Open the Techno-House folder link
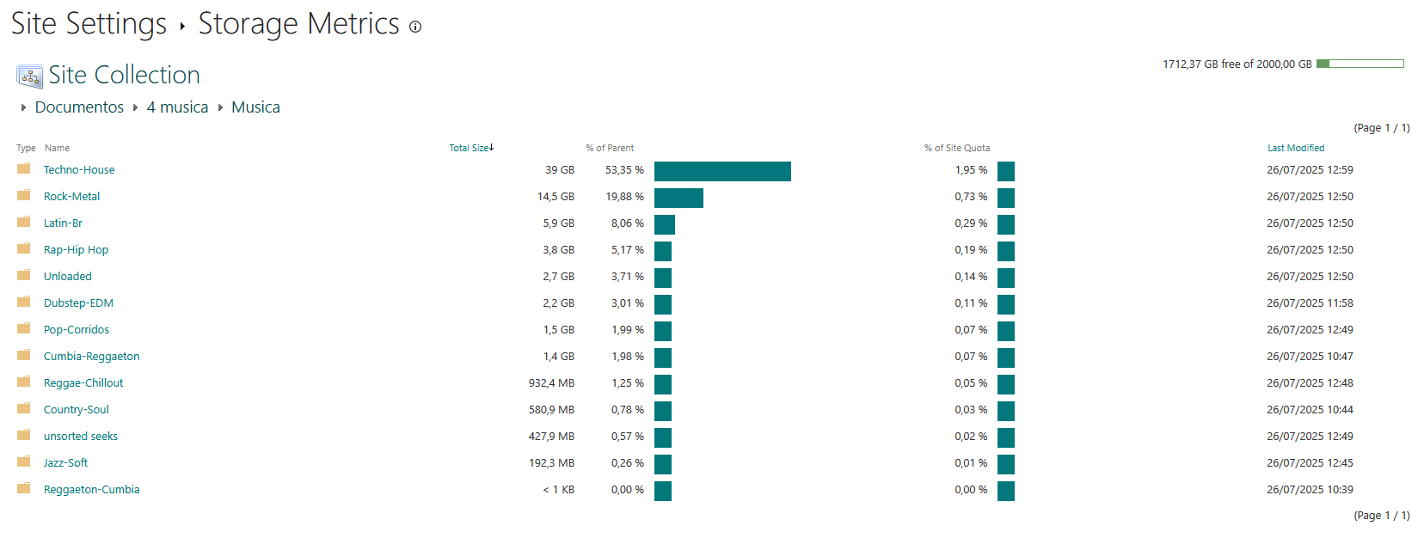tap(79, 169)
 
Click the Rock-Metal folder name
tap(71, 196)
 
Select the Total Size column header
tap(469, 148)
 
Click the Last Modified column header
tap(1296, 148)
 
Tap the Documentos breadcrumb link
tap(79, 107)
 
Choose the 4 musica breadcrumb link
tap(177, 107)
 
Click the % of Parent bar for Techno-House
tap(722, 172)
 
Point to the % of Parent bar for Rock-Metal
tap(678, 199)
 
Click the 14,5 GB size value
tap(556, 196)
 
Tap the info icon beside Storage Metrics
tap(415, 27)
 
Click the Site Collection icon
tap(29, 76)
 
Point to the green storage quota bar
tap(1360, 64)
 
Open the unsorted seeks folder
tap(80, 436)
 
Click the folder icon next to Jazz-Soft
tap(24, 462)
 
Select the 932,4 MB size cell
tap(551, 383)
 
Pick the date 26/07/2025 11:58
tap(1310, 303)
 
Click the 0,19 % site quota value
tap(971, 249)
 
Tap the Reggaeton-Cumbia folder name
tap(91, 489)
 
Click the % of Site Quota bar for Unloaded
tap(1006, 278)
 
